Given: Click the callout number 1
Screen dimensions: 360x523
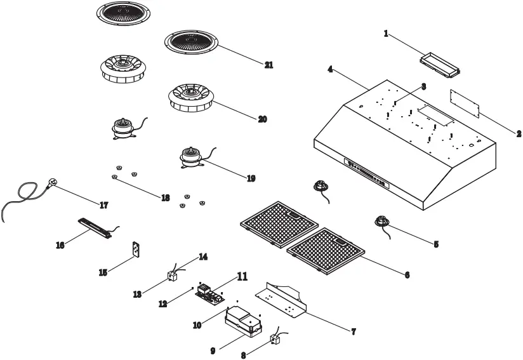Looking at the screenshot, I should pos(386,34).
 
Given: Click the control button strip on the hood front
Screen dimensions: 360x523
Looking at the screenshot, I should pos(366,171).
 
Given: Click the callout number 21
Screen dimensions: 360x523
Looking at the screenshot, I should pos(268,65).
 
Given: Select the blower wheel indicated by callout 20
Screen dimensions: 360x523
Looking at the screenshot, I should pos(189,100).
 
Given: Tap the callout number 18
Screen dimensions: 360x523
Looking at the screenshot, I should pos(165,198).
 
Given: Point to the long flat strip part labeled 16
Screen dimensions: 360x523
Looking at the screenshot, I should pos(95,227).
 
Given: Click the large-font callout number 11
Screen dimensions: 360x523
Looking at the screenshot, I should pos(242,276).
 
